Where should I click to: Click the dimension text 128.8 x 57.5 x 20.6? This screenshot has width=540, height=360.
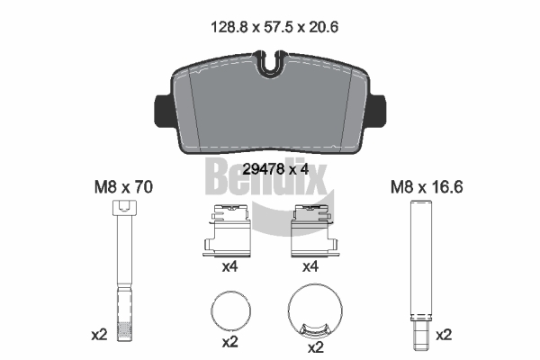(x=274, y=27)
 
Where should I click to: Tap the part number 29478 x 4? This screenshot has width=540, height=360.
(x=275, y=169)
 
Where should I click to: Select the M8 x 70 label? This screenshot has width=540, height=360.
(x=123, y=187)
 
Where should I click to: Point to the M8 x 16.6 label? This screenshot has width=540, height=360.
(x=427, y=187)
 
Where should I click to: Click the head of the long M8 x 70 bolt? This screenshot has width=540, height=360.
(x=124, y=208)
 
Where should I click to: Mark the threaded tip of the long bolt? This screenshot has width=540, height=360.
(x=124, y=331)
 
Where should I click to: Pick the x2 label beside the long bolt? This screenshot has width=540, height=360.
(x=99, y=335)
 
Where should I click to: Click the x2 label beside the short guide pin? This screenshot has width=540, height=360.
(x=444, y=335)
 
